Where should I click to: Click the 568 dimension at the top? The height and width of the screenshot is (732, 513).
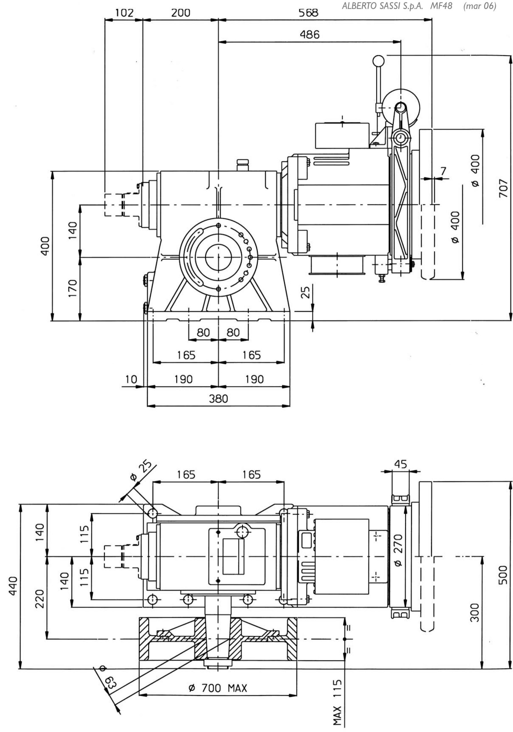308,13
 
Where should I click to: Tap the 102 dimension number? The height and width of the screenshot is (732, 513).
124,13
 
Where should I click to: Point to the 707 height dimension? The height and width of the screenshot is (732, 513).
503,188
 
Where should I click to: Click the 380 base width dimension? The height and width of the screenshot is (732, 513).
219,399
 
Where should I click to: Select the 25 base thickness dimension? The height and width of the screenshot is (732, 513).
305,292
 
